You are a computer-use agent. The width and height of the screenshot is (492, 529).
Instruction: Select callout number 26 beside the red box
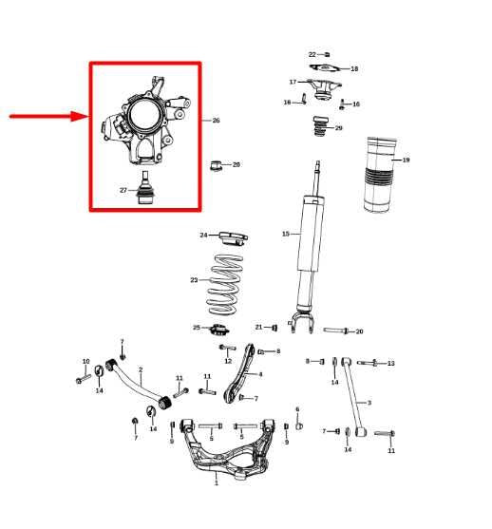216,121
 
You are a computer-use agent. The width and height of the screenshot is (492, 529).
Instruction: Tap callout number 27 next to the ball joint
123,190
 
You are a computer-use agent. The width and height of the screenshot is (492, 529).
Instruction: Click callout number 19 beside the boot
406,160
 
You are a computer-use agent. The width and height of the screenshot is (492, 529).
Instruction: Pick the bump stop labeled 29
320,127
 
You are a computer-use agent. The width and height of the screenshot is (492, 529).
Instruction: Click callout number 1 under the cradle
216,482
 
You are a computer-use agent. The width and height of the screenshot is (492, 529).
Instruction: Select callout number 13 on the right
390,364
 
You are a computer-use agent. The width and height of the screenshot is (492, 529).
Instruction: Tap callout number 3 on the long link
369,403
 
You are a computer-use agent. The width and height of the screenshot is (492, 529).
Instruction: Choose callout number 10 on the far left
85,361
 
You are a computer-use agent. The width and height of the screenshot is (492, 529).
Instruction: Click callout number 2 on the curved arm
141,370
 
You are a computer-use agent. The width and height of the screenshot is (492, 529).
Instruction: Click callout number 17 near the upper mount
293,82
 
